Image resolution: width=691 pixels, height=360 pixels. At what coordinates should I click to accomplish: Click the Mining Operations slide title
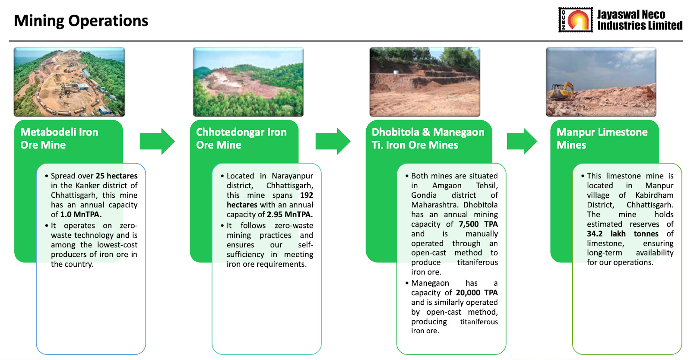tap(81, 21)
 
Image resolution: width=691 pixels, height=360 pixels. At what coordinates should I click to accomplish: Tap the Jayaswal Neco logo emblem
tap(575, 20)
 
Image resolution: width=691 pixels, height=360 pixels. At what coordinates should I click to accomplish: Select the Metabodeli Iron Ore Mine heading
tap(59, 139)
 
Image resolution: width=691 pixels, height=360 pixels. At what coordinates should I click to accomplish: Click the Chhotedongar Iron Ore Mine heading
tap(241, 139)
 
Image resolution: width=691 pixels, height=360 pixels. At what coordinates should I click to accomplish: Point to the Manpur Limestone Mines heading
tap(602, 139)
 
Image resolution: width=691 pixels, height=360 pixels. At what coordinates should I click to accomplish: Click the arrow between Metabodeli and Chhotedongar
tap(157, 141)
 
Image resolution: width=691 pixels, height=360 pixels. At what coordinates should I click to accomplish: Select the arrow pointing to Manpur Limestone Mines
tap(522, 141)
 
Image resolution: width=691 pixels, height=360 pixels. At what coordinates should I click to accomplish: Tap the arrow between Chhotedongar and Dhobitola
tap(333, 141)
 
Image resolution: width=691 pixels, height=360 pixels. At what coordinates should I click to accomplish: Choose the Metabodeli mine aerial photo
tap(69, 82)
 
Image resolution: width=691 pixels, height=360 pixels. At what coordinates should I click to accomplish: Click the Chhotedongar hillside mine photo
tap(248, 82)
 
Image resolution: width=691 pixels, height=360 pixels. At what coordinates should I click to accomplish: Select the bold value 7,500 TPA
tap(478, 224)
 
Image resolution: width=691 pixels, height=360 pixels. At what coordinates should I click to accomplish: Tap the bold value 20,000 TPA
tap(477, 293)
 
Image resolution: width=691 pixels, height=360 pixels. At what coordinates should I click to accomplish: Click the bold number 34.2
tap(594, 234)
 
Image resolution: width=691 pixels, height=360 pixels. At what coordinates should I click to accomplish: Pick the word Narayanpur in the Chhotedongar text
tap(292, 176)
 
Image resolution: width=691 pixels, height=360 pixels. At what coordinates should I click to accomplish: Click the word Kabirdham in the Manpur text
tap(654, 195)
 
